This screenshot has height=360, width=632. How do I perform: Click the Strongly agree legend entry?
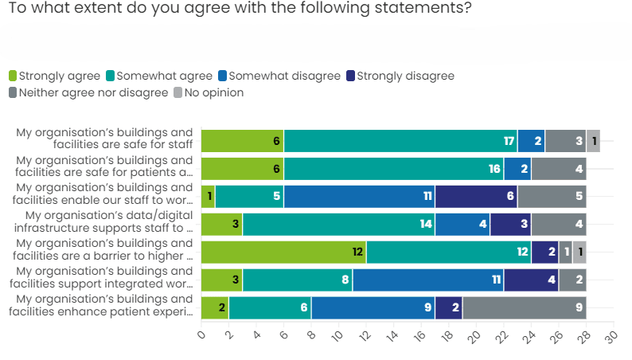tap(54, 76)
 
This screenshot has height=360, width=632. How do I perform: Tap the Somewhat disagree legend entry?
tap(279, 76)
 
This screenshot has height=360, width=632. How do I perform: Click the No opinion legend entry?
tap(209, 93)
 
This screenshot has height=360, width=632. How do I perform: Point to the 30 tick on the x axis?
tap(610, 336)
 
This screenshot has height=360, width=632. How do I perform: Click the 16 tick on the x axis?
tap(419, 336)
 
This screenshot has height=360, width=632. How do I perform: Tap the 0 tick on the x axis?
tap(201, 336)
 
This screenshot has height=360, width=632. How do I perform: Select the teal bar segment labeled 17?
tap(400, 141)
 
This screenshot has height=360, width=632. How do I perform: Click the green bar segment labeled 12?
tap(283, 252)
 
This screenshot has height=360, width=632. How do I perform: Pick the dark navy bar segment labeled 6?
tap(476, 197)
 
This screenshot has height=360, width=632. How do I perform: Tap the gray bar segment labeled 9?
tap(524, 308)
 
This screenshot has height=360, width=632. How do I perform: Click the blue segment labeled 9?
tap(373, 308)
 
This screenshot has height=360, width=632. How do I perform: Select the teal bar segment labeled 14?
tap(338, 225)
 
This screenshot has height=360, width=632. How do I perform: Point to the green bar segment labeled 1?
tap(208, 197)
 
